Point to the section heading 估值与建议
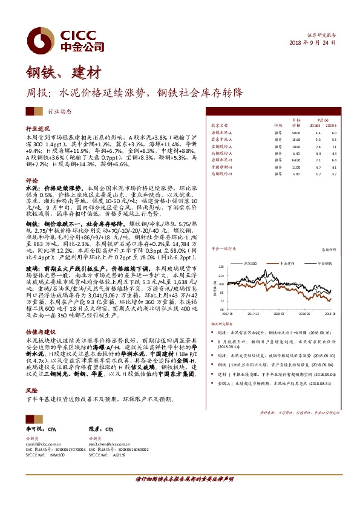click(40, 332)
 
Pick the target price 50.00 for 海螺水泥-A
click(296, 132)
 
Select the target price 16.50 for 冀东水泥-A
click(296, 139)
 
